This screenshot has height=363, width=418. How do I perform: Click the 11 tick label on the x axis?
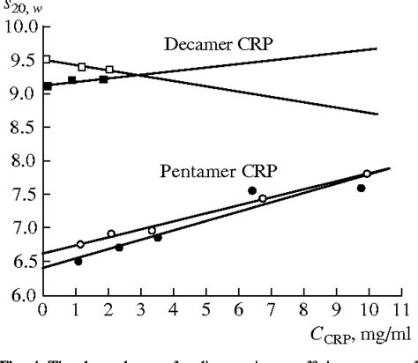coord(399,310)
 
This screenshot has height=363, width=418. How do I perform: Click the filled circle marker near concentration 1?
coord(78,261)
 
